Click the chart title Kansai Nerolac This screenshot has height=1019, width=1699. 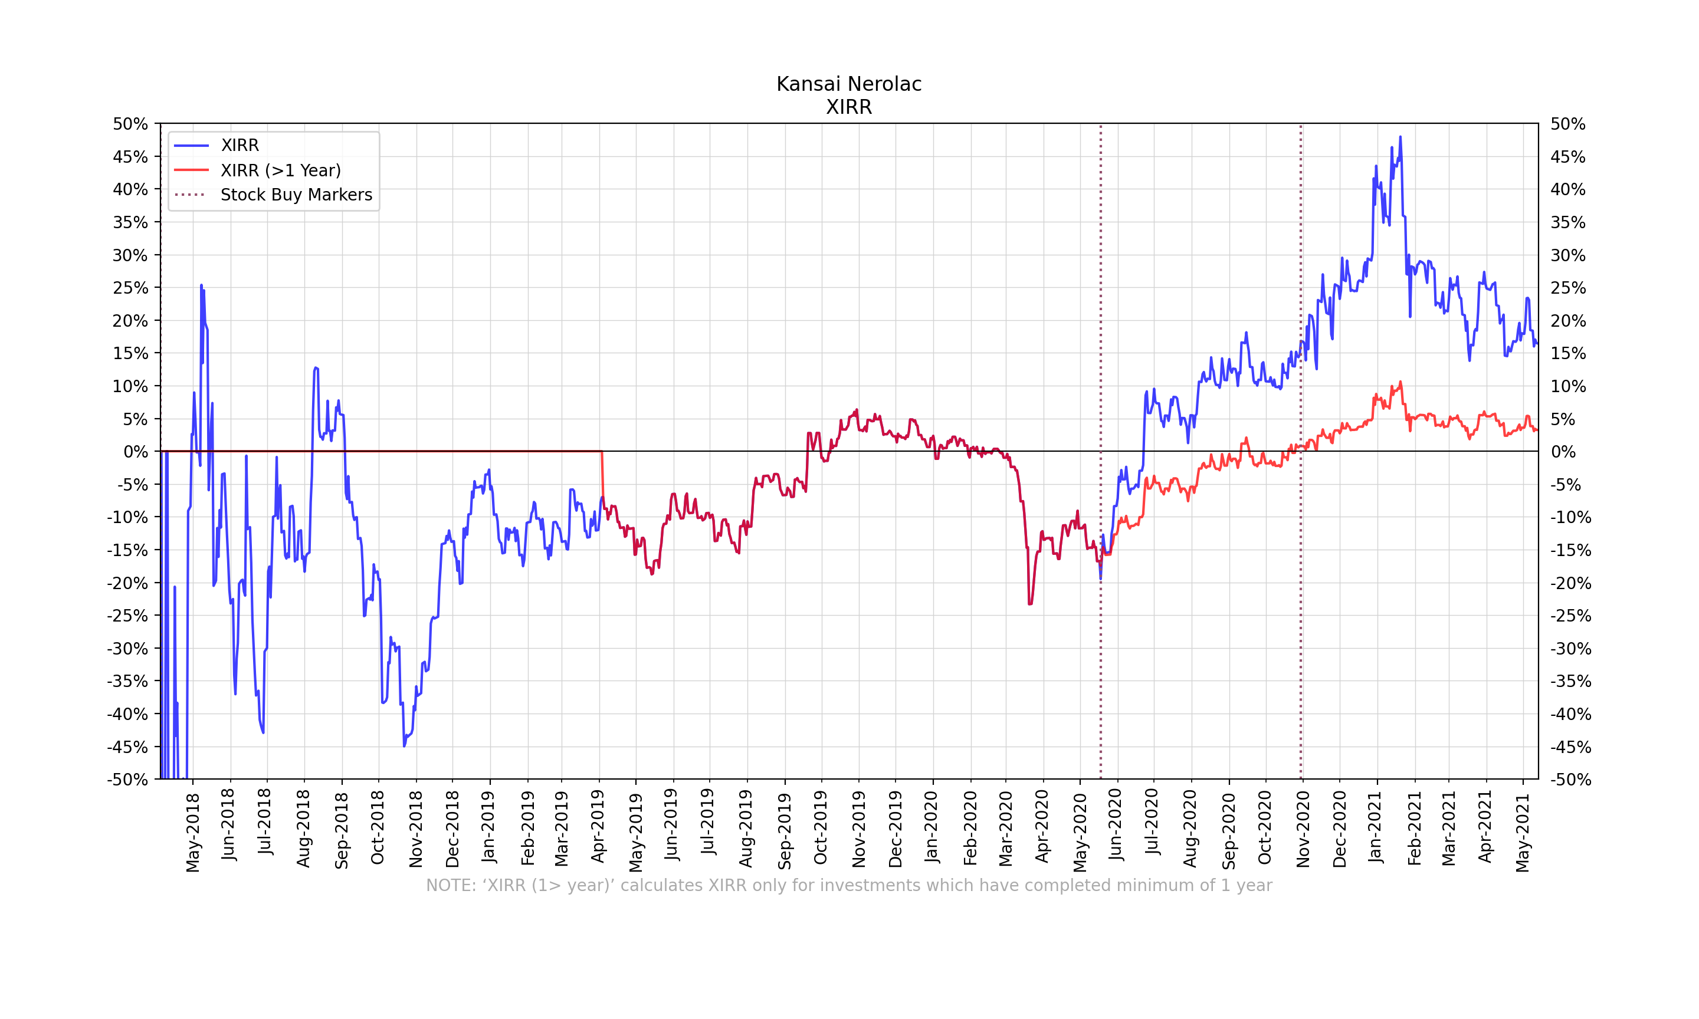[849, 84]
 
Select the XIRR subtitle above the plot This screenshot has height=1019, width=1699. [849, 107]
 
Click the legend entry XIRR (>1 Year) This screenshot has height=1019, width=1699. [280, 170]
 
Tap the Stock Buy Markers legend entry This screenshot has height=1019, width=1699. [296, 195]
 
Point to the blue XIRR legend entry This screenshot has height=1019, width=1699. [240, 146]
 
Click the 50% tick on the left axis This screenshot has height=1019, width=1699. [130, 124]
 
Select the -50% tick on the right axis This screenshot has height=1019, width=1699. [1570, 780]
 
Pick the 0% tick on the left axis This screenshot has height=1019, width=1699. [135, 452]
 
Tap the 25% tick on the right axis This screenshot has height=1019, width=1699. [1568, 288]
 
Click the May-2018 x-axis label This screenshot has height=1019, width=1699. [193, 832]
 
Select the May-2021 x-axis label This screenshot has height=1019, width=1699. [1523, 833]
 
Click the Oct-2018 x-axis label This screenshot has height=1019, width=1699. [378, 827]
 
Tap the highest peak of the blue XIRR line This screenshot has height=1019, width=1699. [1400, 137]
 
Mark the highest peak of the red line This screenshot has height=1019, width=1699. [1400, 383]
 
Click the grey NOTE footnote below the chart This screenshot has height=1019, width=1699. [849, 886]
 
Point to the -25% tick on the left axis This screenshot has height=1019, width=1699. [128, 616]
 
